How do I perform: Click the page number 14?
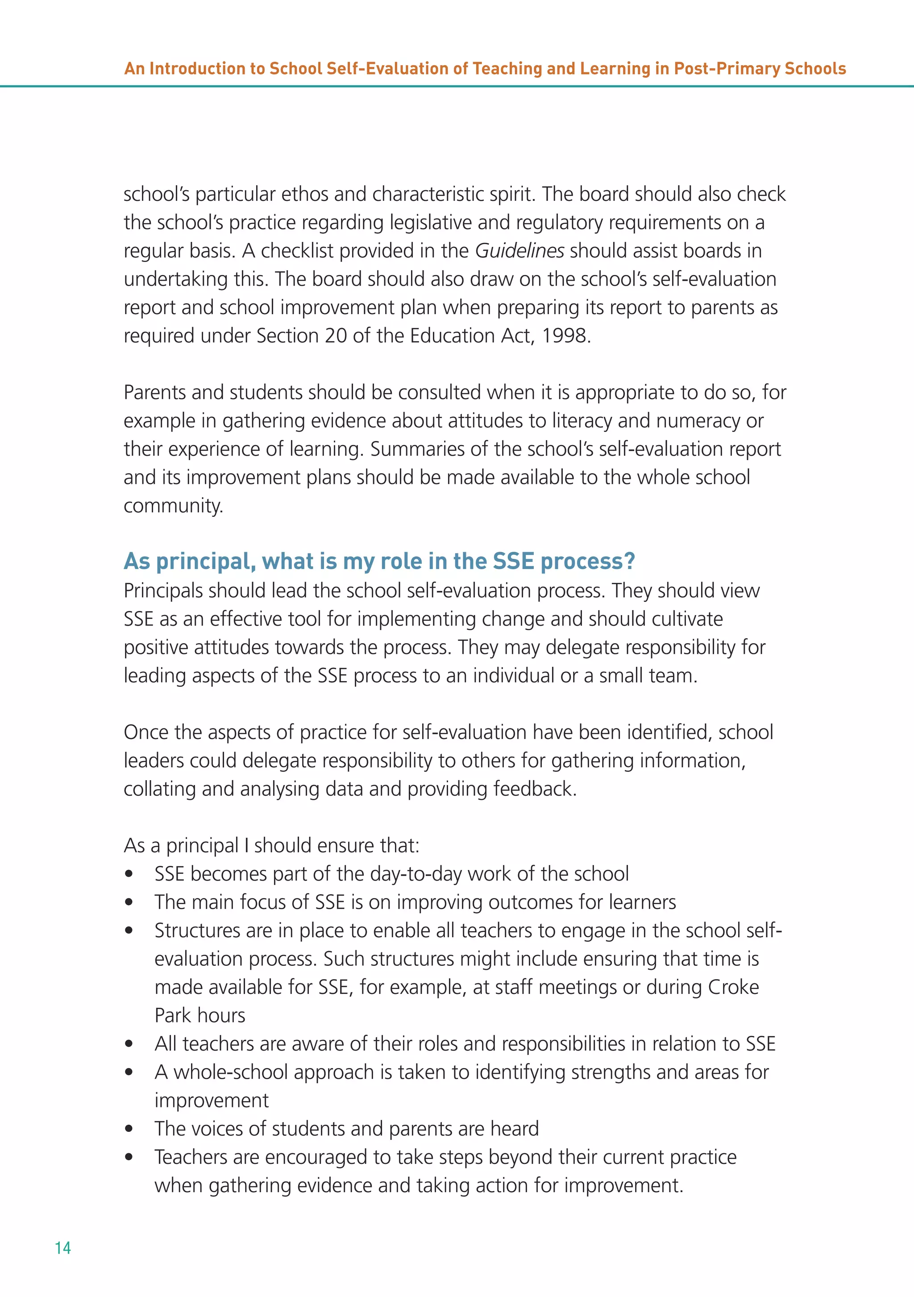point(62,1248)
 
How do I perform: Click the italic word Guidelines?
point(519,251)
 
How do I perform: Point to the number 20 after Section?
point(336,336)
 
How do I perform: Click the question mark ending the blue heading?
point(629,561)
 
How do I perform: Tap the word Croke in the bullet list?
point(733,987)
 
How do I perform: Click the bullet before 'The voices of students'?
point(129,1129)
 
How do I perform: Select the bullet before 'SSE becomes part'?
point(129,874)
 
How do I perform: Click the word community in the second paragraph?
point(172,506)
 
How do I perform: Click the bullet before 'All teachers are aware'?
point(129,1044)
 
